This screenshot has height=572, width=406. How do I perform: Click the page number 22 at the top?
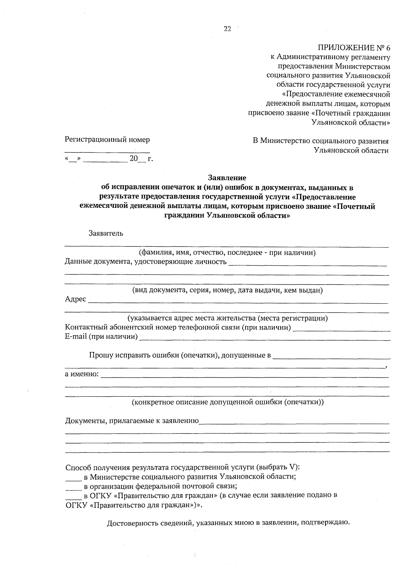227,29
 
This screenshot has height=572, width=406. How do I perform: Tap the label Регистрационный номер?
107,139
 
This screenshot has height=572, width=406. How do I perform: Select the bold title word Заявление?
227,178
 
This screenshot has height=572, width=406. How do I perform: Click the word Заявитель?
106,233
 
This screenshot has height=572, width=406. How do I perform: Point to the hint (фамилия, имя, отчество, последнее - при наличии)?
227,252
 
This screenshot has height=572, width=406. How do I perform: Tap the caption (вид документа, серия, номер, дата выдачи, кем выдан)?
227,290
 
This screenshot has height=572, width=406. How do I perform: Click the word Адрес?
75,299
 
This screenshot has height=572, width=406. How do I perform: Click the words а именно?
82,374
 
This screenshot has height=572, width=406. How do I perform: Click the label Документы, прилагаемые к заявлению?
132,421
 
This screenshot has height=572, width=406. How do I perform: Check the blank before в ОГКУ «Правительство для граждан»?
73,498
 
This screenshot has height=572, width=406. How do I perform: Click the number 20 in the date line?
134,158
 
